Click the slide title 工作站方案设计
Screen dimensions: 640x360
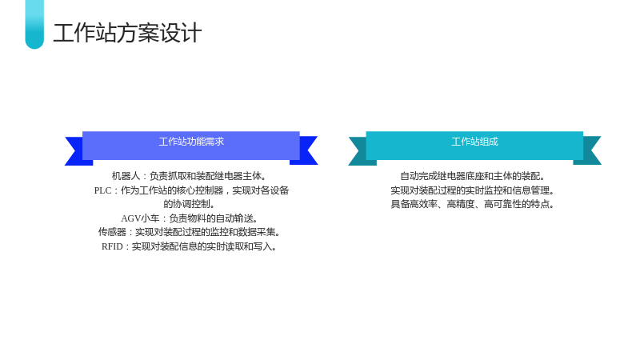point(127,33)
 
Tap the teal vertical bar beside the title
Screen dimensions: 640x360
point(34,25)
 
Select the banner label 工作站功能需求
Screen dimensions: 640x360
point(191,142)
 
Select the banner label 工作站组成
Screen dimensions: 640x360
point(474,142)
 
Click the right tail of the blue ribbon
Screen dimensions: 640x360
point(306,150)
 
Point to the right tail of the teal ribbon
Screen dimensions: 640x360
point(589,150)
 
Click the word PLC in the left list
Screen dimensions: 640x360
point(102,190)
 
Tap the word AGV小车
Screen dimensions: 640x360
point(140,218)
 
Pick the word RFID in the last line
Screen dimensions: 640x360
point(112,246)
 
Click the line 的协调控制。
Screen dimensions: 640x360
point(189,204)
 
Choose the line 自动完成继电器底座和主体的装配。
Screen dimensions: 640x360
point(473,176)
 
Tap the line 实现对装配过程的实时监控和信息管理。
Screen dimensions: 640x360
point(473,190)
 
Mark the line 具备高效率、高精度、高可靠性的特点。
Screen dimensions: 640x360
point(473,204)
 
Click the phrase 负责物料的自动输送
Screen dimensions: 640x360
point(210,218)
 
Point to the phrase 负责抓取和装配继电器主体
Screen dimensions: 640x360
point(206,176)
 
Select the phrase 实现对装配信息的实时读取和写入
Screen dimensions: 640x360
point(202,246)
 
